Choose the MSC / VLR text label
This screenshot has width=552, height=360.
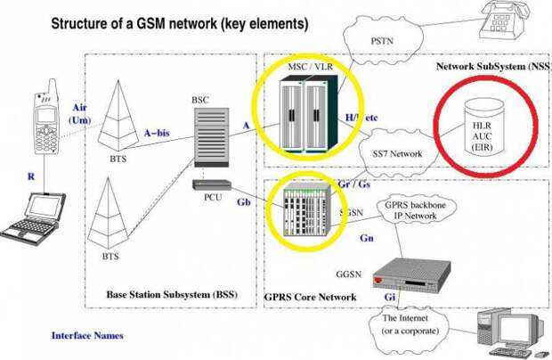310,69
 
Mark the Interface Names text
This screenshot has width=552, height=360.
86,336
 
